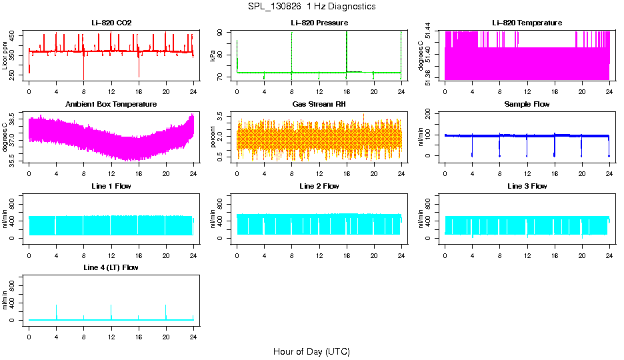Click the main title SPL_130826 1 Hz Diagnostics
311,7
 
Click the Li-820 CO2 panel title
111,23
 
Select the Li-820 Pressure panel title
319,23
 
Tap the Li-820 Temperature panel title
527,23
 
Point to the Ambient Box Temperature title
111,105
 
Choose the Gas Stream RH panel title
319,105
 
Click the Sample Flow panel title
527,105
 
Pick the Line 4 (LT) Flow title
111,267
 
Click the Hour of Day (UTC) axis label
311,351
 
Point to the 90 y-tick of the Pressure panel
223,33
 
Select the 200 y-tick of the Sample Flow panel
431,113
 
